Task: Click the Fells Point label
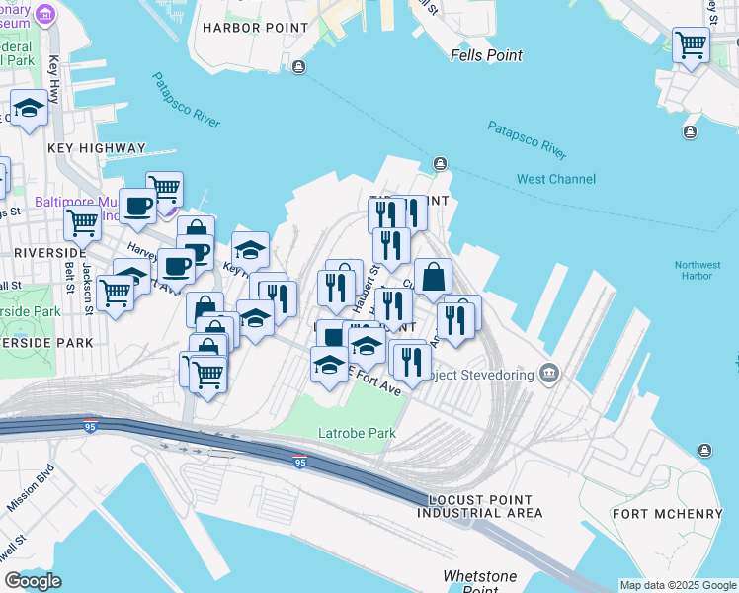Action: click(485, 55)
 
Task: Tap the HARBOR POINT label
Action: click(245, 28)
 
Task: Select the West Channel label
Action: click(556, 179)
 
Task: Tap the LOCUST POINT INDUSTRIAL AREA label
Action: click(479, 507)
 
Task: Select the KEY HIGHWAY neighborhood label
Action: click(96, 148)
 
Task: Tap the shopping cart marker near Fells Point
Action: click(691, 44)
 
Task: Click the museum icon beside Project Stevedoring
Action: click(550, 374)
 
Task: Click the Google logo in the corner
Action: click(33, 581)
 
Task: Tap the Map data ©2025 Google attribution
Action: click(678, 585)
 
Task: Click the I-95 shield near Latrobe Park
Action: click(298, 462)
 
